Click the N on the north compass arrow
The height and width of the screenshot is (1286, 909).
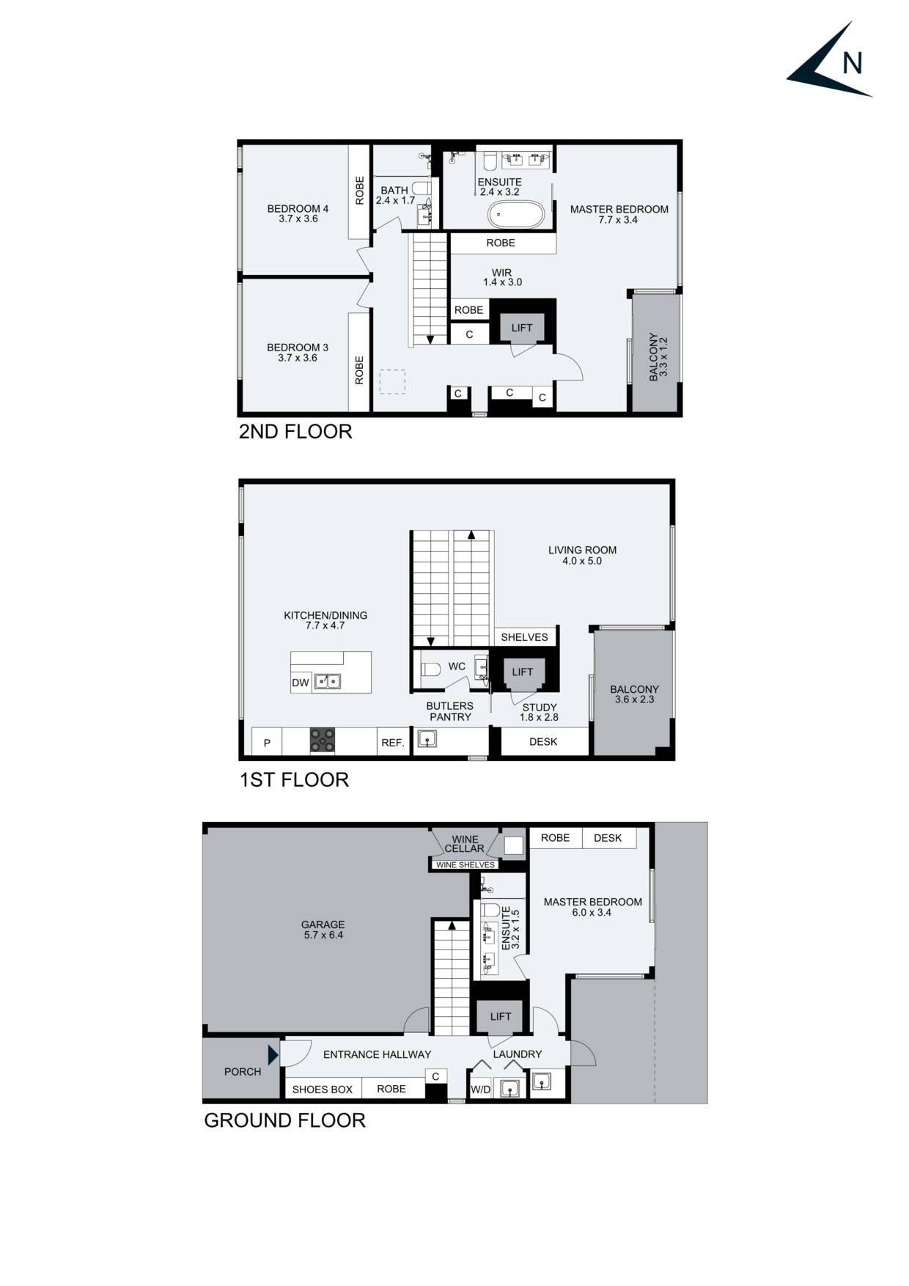click(852, 64)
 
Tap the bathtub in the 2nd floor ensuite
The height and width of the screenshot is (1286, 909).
click(516, 216)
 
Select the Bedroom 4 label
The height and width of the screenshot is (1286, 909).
click(298, 213)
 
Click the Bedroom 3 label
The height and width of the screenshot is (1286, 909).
click(298, 353)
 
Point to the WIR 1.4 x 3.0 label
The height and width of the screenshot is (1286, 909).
click(502, 277)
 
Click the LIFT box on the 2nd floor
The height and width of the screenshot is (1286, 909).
click(522, 328)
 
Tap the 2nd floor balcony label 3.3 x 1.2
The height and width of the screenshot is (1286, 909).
click(658, 357)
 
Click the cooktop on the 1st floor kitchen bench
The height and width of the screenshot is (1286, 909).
click(323, 740)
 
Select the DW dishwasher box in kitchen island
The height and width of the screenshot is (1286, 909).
click(301, 683)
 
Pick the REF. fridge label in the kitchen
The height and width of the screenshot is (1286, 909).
click(393, 743)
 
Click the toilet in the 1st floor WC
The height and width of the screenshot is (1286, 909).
click(430, 668)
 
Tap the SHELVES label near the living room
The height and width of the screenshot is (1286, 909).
click(524, 637)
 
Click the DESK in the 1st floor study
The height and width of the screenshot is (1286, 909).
click(543, 741)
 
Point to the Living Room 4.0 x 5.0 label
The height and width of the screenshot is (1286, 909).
click(582, 555)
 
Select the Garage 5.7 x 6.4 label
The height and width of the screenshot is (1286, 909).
click(323, 930)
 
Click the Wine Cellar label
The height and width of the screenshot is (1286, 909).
click(465, 844)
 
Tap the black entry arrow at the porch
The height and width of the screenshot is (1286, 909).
click(273, 1055)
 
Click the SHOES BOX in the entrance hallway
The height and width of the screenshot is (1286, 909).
click(323, 1090)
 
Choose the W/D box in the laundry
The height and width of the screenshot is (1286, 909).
click(480, 1090)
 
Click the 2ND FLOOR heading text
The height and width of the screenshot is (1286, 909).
click(295, 431)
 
